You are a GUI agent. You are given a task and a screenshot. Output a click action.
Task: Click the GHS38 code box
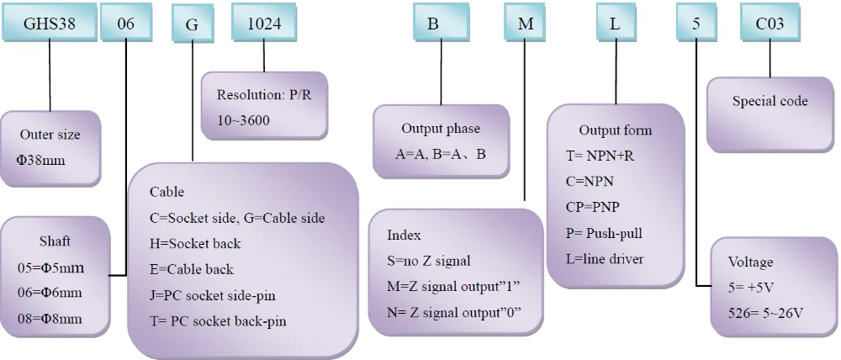tap(50, 22)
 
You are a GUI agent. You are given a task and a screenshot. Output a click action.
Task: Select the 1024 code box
tap(264, 22)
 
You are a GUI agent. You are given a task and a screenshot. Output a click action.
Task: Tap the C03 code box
tap(770, 22)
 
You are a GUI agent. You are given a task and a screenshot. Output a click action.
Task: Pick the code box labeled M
tap(526, 22)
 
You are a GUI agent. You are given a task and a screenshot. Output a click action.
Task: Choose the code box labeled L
tap(616, 22)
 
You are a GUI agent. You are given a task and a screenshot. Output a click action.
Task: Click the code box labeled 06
tap(126, 22)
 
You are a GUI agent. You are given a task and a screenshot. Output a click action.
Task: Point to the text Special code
tap(770, 101)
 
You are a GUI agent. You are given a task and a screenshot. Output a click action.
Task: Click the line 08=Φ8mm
tap(50, 320)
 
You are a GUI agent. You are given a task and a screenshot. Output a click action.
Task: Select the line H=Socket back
tap(195, 244)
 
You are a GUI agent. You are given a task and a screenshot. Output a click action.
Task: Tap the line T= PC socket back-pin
tap(219, 321)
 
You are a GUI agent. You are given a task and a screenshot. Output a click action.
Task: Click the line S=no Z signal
tap(429, 262)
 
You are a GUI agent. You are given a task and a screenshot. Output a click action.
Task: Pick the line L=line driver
tap(605, 259)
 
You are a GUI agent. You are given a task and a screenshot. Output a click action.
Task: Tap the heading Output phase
tap(441, 129)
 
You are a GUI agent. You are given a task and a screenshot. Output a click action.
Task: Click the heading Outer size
tap(50, 134)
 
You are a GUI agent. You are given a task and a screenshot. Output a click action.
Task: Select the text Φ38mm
tap(40, 160)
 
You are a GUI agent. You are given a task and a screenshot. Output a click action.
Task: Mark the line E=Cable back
tap(192, 269)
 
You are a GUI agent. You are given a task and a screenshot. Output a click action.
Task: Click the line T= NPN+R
tap(600, 156)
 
